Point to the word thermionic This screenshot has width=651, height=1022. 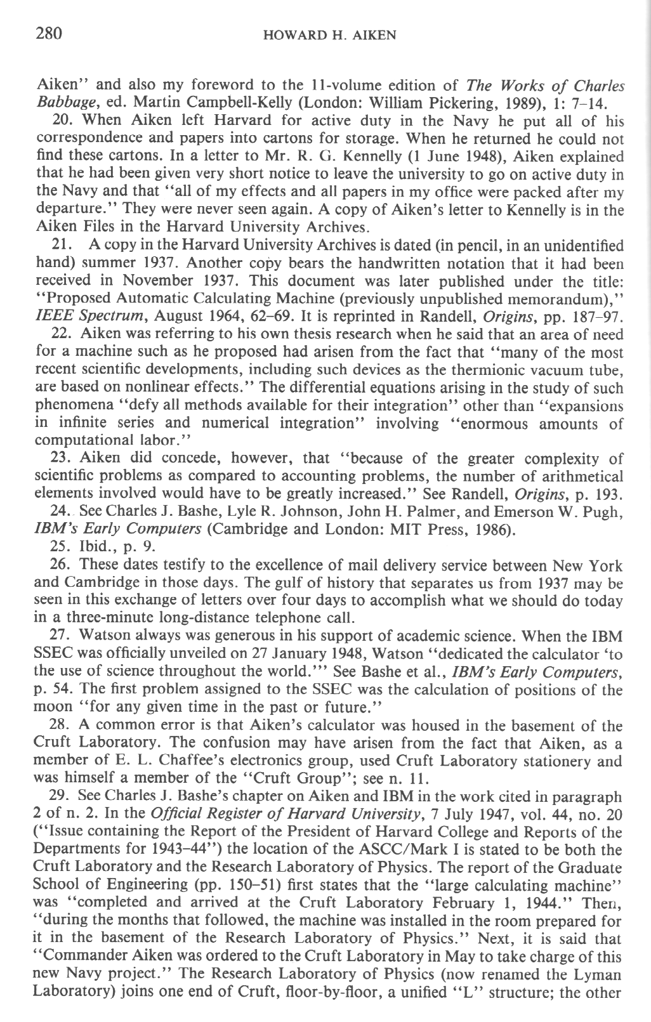click(469, 370)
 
